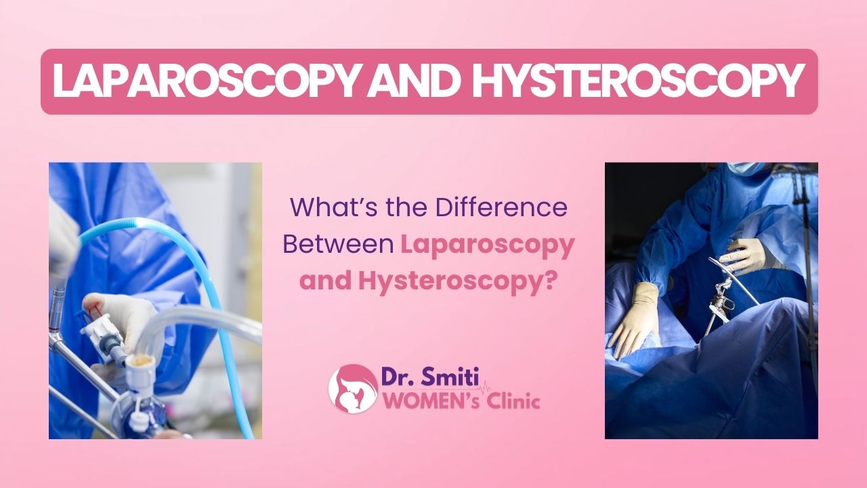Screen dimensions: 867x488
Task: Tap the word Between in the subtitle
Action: pos(338,244)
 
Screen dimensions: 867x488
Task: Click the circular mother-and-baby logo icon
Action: pos(353,388)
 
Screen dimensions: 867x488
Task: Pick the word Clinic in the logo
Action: pos(513,401)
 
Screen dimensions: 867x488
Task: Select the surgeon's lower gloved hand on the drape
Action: pos(635,319)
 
